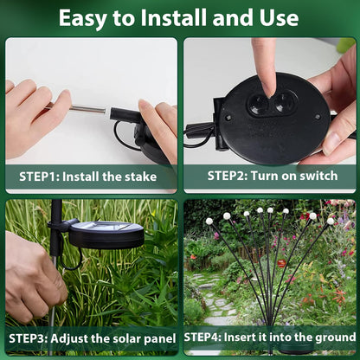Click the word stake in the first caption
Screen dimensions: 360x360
click(138, 177)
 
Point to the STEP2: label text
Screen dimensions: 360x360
click(230, 175)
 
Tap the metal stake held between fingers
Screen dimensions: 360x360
click(88, 110)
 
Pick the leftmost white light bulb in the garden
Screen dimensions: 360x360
click(209, 222)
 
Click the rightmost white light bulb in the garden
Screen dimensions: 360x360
click(331, 221)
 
